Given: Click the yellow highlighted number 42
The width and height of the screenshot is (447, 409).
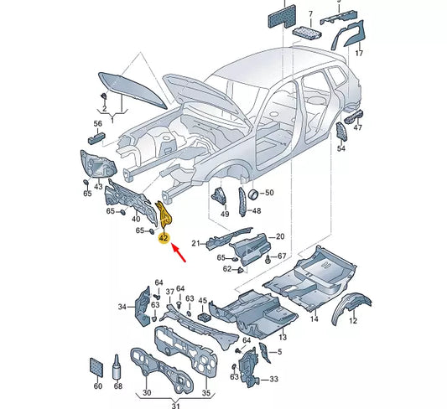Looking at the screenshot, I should pyautogui.click(x=165, y=238).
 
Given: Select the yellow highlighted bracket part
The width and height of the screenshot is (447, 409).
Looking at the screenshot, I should pyautogui.click(x=166, y=214).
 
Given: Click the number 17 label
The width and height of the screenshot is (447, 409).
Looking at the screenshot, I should pyautogui.click(x=359, y=53).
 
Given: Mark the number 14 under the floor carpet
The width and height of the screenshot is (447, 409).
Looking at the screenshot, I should pyautogui.click(x=314, y=319).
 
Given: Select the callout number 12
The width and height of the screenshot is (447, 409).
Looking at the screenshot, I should pyautogui.click(x=353, y=321).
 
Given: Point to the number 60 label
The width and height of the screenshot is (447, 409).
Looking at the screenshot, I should pyautogui.click(x=96, y=386).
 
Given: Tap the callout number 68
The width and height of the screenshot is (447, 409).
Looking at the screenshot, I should pyautogui.click(x=117, y=386).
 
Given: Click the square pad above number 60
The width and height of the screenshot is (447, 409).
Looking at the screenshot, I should pyautogui.click(x=96, y=367).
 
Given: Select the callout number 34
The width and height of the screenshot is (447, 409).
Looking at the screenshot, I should pyautogui.click(x=122, y=308).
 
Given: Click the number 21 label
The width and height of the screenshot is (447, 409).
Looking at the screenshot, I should pyautogui.click(x=194, y=243).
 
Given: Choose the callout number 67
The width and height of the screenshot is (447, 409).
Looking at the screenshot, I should pyautogui.click(x=282, y=256).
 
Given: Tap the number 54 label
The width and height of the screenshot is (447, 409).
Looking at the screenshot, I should pyautogui.click(x=341, y=148).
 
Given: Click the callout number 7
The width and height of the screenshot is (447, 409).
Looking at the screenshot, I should pyautogui.click(x=310, y=14).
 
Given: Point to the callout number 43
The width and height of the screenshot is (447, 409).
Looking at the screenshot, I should pyautogui.click(x=98, y=185).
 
